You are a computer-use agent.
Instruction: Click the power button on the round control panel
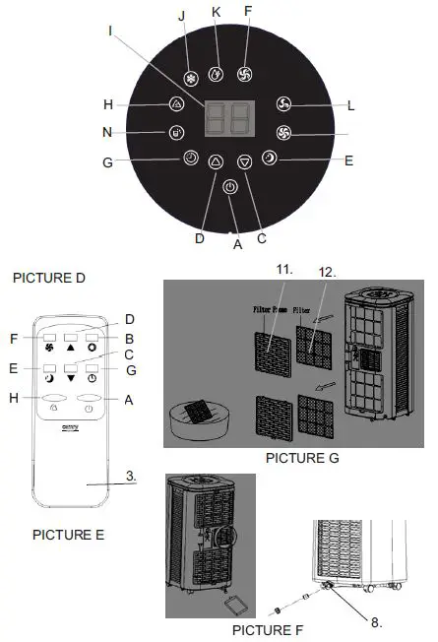pos(229,187)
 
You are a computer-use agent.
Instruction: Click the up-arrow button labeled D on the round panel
pos(216,164)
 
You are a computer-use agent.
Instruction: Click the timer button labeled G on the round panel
pos(190,158)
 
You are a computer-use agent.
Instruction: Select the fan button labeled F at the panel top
pos(245,72)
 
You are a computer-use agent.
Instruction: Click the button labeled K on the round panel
pos(218,72)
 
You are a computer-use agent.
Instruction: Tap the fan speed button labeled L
pos(283,103)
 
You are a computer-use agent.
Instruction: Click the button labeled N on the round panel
pos(174,132)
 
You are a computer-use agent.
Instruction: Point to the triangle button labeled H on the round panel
pos(176,103)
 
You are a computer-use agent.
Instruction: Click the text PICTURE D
pos(50,279)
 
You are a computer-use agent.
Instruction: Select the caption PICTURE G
pos(296,458)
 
